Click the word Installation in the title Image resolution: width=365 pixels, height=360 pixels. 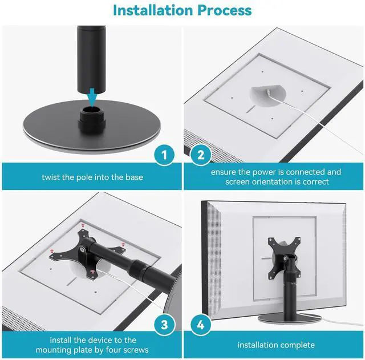(x=153, y=10)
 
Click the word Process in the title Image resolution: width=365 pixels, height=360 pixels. (x=225, y=10)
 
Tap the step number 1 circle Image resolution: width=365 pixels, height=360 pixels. (x=164, y=155)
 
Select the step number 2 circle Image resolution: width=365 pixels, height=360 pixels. (x=201, y=155)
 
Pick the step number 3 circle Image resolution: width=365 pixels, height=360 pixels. (x=164, y=325)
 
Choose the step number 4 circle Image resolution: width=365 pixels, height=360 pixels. (x=201, y=325)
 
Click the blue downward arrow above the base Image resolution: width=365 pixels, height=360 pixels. (x=92, y=98)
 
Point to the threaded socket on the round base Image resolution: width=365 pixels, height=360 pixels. (x=92, y=119)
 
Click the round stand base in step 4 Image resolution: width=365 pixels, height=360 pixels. (x=289, y=318)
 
